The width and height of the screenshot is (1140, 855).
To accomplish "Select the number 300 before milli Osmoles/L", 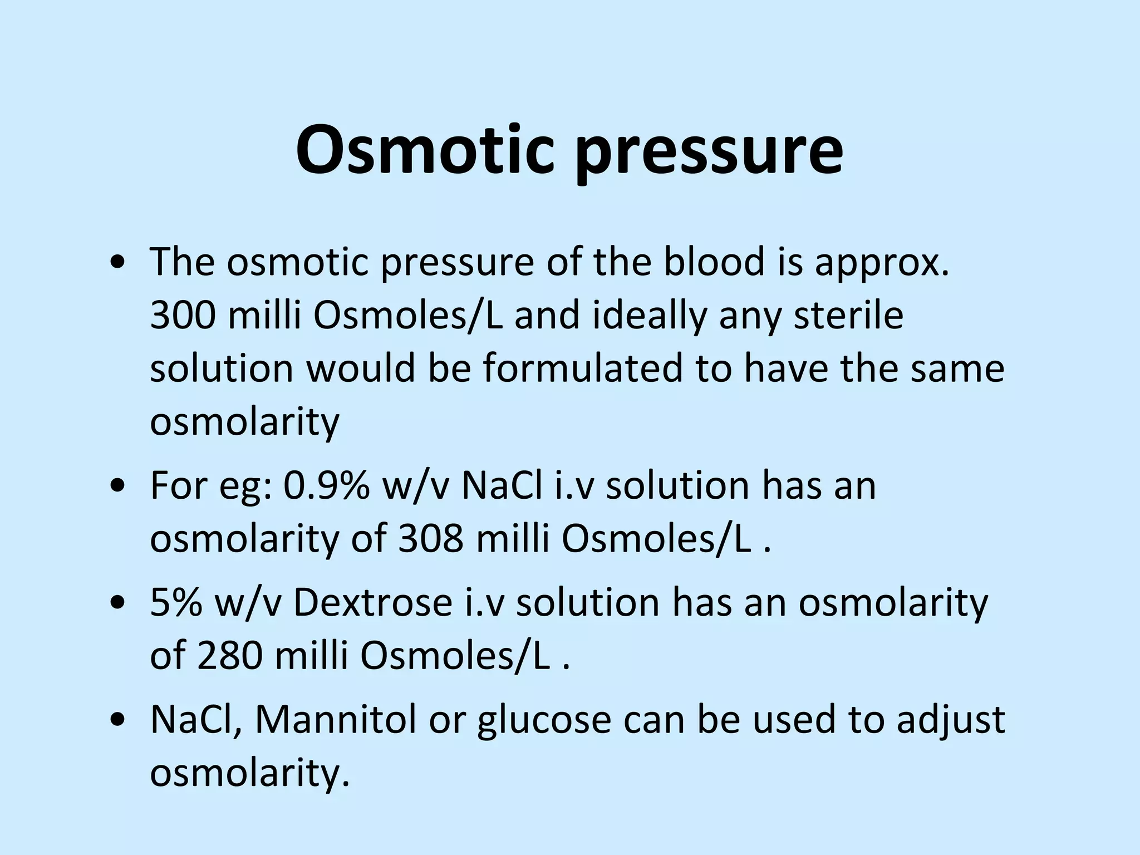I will (x=183, y=315).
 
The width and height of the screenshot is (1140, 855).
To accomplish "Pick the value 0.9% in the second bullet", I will (x=327, y=485).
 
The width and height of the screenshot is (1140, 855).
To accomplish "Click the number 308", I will (x=430, y=539).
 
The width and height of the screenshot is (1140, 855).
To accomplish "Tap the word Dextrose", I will (x=373, y=602).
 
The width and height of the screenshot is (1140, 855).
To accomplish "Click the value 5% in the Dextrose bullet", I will (x=176, y=602).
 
